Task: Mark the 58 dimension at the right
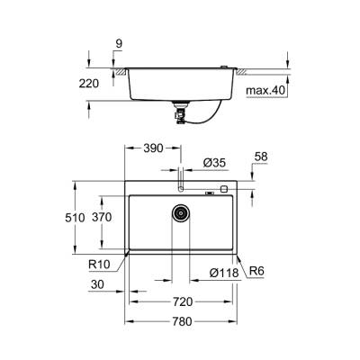(261, 157)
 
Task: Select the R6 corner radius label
(255, 273)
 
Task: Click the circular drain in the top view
(180, 214)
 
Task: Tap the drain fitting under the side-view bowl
(180, 112)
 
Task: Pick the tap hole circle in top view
(180, 189)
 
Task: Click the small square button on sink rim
(222, 190)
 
